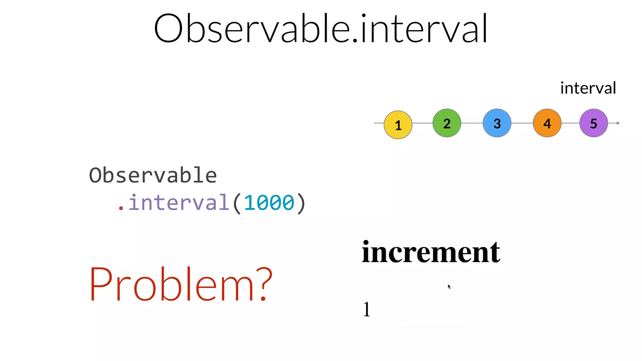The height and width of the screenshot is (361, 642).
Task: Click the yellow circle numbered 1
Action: (x=398, y=125)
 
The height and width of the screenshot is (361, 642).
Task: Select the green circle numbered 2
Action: (x=447, y=123)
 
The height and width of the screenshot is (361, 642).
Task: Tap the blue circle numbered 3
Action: (x=497, y=123)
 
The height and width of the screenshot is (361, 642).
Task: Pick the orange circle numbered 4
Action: (x=547, y=123)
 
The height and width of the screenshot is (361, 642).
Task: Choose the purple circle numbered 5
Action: (x=593, y=123)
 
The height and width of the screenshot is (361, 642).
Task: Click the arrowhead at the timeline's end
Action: (x=618, y=123)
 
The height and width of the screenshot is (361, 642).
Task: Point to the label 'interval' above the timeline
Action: (x=588, y=88)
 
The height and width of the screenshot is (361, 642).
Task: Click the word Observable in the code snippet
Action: (x=153, y=175)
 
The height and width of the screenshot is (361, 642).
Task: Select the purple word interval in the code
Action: (x=179, y=202)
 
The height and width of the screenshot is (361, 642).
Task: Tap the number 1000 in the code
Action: (x=269, y=203)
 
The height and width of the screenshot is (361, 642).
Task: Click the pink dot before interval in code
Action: (x=121, y=208)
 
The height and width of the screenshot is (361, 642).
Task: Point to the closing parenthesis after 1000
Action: (x=301, y=203)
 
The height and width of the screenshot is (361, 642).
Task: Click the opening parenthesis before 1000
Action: (x=237, y=203)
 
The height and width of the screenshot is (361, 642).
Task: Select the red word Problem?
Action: (x=181, y=284)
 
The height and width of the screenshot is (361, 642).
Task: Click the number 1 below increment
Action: (x=367, y=309)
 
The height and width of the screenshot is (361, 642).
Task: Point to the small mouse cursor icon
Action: (x=449, y=286)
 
